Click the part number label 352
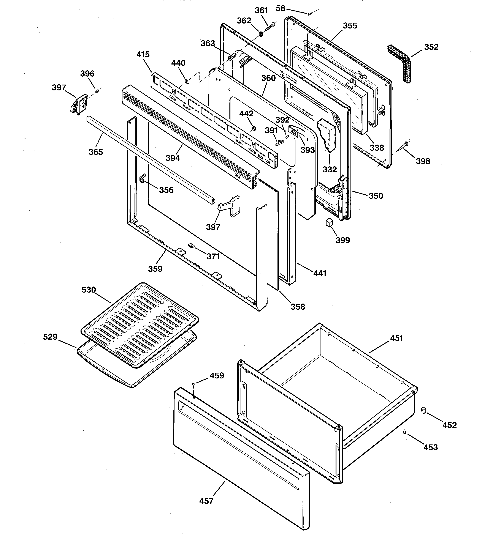(x=431, y=47)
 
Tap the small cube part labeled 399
(x=329, y=222)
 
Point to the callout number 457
(x=206, y=501)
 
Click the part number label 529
(x=50, y=337)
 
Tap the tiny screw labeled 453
(x=404, y=431)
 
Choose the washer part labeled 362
(x=261, y=34)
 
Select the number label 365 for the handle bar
(x=96, y=152)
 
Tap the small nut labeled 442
(x=254, y=128)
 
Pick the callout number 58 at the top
(x=280, y=9)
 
